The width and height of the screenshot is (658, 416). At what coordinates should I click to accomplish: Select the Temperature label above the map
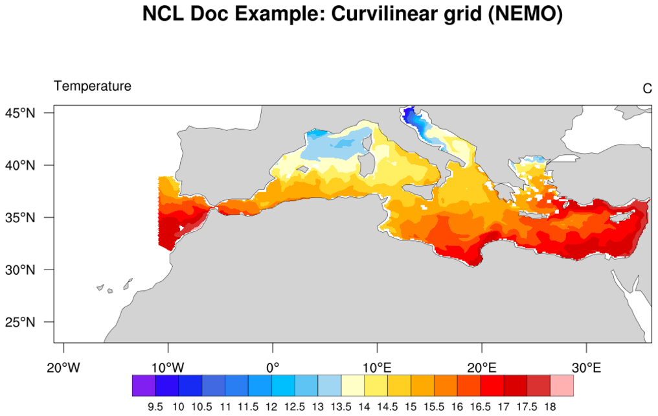[93, 86]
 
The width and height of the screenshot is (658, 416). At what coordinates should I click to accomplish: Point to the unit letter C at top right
[647, 88]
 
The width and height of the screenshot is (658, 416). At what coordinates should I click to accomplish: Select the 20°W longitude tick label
[63, 367]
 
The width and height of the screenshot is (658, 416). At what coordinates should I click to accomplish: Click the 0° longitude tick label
[273, 367]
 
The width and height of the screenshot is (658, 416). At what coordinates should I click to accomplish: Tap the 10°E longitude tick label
[378, 367]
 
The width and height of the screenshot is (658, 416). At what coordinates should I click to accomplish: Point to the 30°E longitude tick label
[587, 367]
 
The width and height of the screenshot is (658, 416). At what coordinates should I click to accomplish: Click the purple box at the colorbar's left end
[144, 386]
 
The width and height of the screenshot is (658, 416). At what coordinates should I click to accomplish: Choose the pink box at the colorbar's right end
[562, 386]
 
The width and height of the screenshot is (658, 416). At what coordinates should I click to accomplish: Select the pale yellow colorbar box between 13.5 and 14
[352, 386]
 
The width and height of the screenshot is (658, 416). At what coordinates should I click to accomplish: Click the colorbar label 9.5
[155, 407]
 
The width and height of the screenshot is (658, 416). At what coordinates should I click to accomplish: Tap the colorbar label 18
[550, 407]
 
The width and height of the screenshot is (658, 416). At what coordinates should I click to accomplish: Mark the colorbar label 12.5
[295, 407]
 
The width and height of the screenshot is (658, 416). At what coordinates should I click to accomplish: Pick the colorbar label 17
[503, 407]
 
